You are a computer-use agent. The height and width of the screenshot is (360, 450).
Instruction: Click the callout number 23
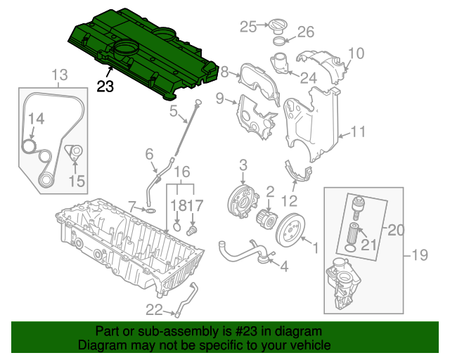(105, 87)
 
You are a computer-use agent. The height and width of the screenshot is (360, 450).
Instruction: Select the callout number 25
(248, 27)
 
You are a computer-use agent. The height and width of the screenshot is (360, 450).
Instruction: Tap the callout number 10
(356, 53)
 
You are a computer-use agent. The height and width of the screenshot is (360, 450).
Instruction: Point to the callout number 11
(359, 131)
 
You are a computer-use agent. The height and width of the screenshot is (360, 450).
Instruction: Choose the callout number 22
(154, 309)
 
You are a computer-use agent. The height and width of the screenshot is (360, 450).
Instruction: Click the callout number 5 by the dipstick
(173, 110)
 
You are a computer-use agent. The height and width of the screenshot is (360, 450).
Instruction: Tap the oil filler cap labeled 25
(276, 27)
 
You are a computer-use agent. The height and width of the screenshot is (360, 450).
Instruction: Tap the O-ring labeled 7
(150, 210)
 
